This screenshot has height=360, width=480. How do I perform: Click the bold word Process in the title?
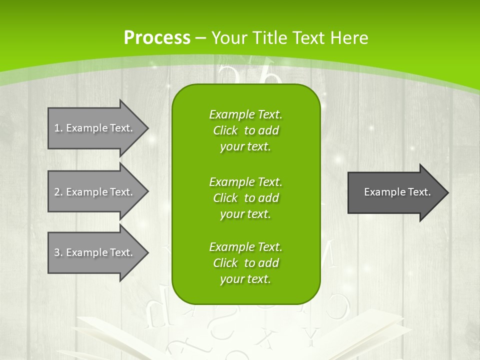[x=157, y=38]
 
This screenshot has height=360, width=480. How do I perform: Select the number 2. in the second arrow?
[x=58, y=192]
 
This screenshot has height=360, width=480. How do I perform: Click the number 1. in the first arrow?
[x=58, y=128]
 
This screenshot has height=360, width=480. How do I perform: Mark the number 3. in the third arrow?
[x=58, y=252]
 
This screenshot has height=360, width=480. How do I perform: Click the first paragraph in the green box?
[x=245, y=130]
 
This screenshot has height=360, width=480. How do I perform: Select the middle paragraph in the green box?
[x=245, y=198]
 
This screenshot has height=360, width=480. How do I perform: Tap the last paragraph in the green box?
[x=245, y=263]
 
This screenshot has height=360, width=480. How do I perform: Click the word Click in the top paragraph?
[x=225, y=131]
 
